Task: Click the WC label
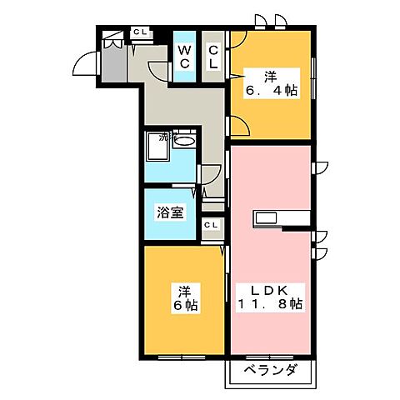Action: coord(186,57)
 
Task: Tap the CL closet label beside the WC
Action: coord(212,57)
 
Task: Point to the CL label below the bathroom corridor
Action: coord(211,225)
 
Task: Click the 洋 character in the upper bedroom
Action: coord(270,73)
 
